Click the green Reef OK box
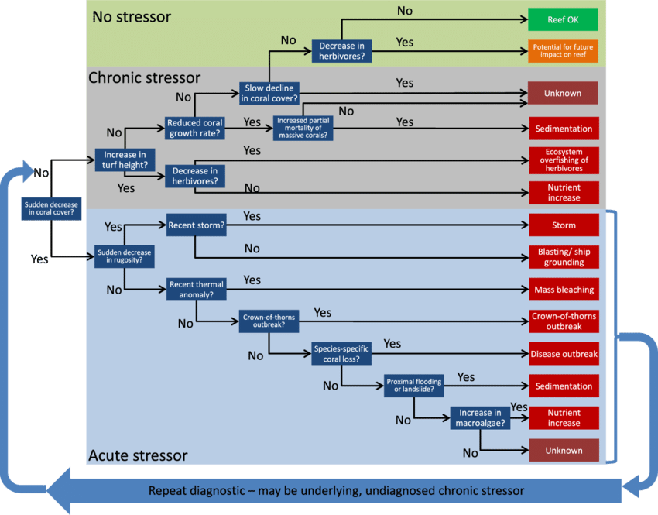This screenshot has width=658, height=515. coord(564,19)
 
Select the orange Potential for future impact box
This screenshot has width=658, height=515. coord(564,52)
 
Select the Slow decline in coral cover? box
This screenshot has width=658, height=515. coord(269,93)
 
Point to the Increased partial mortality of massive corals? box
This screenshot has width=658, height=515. coord(303,129)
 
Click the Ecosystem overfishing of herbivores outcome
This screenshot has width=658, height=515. coord(564,160)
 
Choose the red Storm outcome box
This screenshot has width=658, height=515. coord(564,225)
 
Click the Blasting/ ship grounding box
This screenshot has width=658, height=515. coord(564,257)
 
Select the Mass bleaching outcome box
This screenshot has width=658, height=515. coord(564,290)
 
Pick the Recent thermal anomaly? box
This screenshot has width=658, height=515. coord(197,290)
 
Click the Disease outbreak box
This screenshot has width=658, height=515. coord(564,354)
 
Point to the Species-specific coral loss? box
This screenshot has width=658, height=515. coord(341,354)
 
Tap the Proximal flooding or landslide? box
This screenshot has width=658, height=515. coord(413,386)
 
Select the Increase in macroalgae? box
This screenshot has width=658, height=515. coord(480,418)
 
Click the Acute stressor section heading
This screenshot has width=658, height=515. coord(138,455)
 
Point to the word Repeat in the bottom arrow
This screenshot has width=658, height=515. coord(171,490)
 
